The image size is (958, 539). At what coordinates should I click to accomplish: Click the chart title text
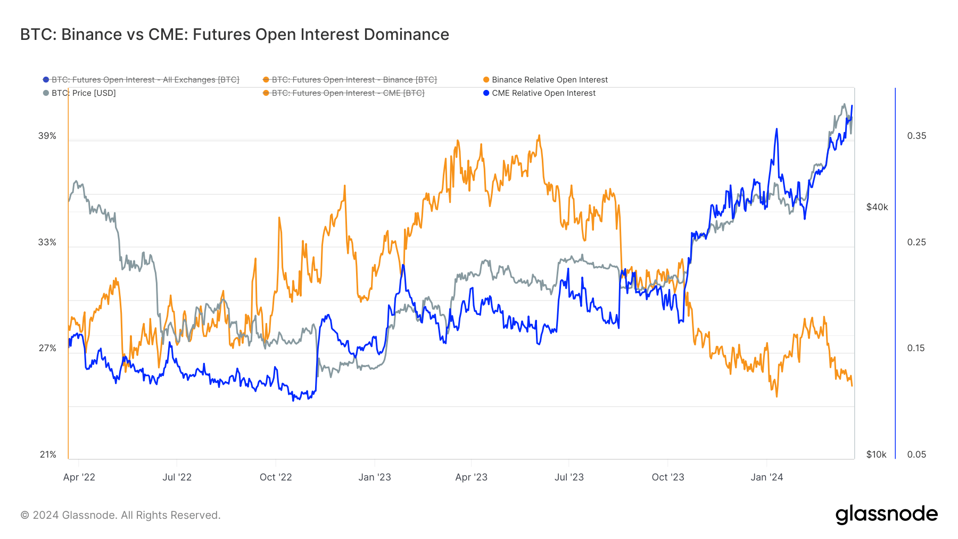(234, 35)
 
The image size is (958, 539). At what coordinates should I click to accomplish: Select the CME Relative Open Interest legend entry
(543, 93)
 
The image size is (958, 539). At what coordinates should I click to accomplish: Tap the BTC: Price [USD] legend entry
(83, 93)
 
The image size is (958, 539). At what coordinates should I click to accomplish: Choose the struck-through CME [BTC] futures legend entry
(348, 93)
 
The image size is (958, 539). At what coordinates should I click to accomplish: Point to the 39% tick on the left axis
(47, 136)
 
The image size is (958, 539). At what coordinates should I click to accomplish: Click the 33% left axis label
(47, 242)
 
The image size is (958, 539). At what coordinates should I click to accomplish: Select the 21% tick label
(48, 454)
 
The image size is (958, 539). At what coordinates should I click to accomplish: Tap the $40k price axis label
(877, 207)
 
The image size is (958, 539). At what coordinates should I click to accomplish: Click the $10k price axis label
(876, 454)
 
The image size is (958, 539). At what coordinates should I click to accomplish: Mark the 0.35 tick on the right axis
(916, 136)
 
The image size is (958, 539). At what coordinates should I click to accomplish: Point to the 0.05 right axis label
(916, 454)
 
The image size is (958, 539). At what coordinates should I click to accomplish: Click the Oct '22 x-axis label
(276, 477)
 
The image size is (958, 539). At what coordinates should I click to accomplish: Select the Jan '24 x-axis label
(766, 477)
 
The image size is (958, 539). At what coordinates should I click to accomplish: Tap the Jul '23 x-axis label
(569, 477)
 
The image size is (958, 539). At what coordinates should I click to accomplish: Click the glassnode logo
(886, 515)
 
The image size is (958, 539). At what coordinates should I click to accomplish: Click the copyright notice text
(120, 515)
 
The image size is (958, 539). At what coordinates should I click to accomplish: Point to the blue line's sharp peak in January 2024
(777, 129)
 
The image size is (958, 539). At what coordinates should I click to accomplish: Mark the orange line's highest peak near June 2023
(539, 136)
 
